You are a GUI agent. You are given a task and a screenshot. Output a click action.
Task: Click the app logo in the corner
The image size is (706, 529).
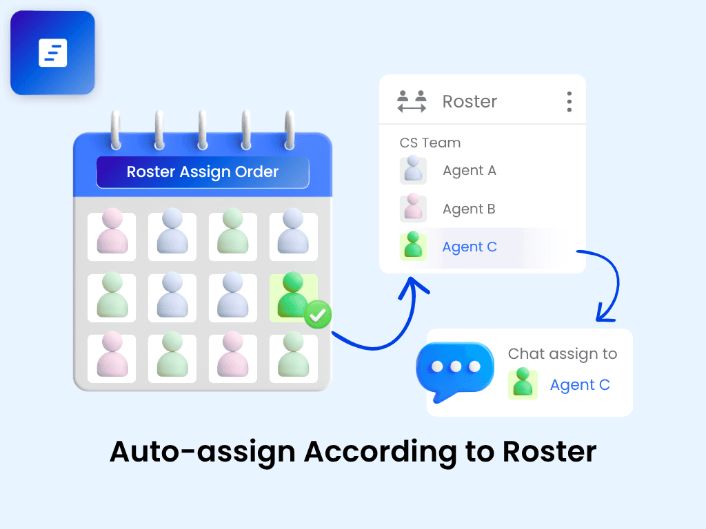point(52,52)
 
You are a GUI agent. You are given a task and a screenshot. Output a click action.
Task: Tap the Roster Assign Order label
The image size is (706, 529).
point(202,172)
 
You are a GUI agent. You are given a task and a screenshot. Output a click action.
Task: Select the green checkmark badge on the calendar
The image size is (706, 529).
point(318,315)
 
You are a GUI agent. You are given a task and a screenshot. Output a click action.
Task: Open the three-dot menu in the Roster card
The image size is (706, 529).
point(569,101)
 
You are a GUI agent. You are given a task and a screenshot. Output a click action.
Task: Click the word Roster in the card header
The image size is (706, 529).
point(470,101)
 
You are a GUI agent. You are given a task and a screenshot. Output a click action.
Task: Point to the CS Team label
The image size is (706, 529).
point(430,143)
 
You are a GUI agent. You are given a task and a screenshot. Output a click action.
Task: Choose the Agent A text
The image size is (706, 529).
point(469,171)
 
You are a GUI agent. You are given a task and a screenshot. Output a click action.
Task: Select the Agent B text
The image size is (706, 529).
point(469,209)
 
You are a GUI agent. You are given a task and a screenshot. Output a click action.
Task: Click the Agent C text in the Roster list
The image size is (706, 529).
point(470,247)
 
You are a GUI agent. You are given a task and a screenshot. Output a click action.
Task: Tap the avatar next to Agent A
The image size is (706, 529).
point(413,170)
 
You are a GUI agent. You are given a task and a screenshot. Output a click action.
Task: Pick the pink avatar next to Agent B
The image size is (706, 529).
point(413,209)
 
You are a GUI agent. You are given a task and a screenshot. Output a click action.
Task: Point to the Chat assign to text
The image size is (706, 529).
point(563,354)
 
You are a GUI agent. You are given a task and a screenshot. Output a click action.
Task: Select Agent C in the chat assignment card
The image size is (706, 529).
point(580,385)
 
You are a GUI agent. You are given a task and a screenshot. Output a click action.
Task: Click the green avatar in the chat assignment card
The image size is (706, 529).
point(523,384)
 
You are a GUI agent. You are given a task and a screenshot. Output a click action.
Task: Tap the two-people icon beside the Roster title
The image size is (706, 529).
point(412,101)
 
